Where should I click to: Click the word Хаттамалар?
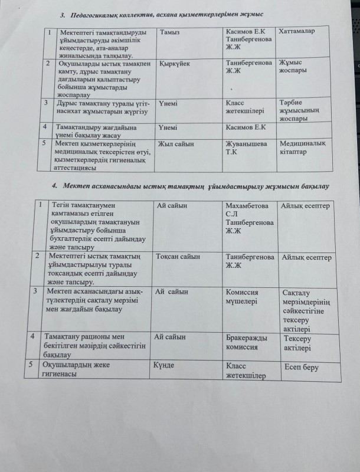pos(296,31)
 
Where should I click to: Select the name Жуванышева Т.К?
pos(246,147)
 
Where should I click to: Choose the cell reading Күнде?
pos(163,366)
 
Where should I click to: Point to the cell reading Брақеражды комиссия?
pos(247,343)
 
